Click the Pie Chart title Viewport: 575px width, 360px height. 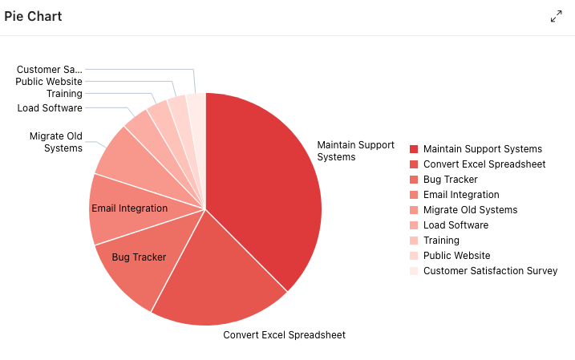33,16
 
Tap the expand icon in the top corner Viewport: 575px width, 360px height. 557,16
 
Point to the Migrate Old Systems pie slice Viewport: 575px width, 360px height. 124,156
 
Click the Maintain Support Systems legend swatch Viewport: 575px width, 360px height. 414,149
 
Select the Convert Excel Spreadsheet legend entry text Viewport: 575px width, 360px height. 484,164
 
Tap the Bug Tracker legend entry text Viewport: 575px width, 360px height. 450,180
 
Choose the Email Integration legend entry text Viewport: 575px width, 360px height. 461,195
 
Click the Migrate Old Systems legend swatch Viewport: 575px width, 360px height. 414,210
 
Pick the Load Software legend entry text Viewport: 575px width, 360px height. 456,225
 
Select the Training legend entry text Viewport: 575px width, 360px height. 441,241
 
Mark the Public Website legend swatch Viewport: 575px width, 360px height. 414,256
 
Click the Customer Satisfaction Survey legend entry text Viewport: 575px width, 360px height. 490,271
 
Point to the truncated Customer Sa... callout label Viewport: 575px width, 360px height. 49,70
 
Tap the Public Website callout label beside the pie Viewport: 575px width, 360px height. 49,82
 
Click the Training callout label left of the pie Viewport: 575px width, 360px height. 64,94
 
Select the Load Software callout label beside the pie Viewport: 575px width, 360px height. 50,108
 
